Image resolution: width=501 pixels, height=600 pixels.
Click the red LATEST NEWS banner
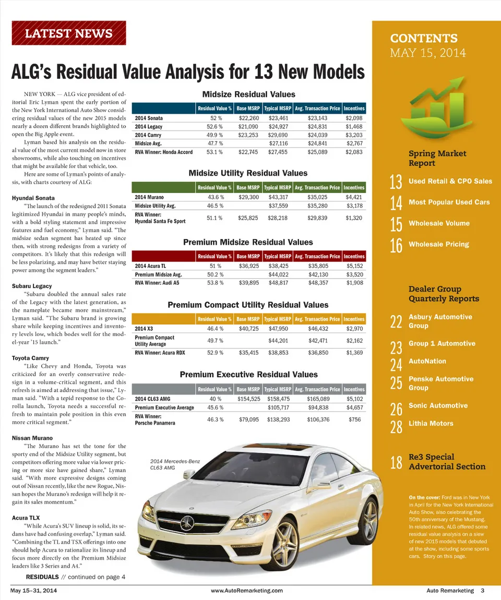pyautogui.click(x=68, y=33)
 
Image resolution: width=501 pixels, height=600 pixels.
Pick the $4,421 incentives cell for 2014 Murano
pyautogui.click(x=353, y=197)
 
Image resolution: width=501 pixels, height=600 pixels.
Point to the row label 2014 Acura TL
pyautogui.click(x=151, y=266)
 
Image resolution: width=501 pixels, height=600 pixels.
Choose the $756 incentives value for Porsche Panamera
pyautogui.click(x=354, y=419)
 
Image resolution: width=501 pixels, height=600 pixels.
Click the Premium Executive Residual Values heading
pyautogui.click(x=248, y=375)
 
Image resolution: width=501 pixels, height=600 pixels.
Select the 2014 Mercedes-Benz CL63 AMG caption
pyautogui.click(x=175, y=464)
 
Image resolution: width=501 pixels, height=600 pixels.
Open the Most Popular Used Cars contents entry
pyautogui.click(x=449, y=202)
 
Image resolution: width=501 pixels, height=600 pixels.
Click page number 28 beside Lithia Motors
pyautogui.click(x=396, y=426)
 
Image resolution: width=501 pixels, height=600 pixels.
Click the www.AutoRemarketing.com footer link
pyautogui.click(x=247, y=591)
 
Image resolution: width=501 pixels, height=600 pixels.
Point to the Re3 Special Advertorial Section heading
pyautogui.click(x=447, y=462)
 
